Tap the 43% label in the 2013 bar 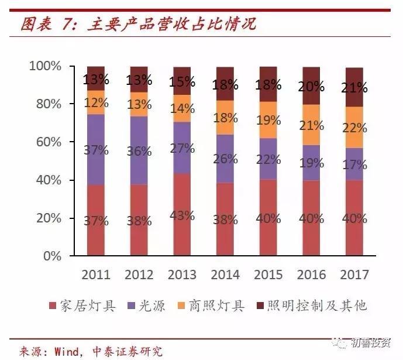pos(181,215)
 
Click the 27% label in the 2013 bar pos(181,148)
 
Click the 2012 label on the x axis pos(139,275)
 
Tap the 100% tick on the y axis pos(45,66)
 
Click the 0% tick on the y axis pos(52,256)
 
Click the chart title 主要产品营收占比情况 pos(171,25)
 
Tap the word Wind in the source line pos(66,351)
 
